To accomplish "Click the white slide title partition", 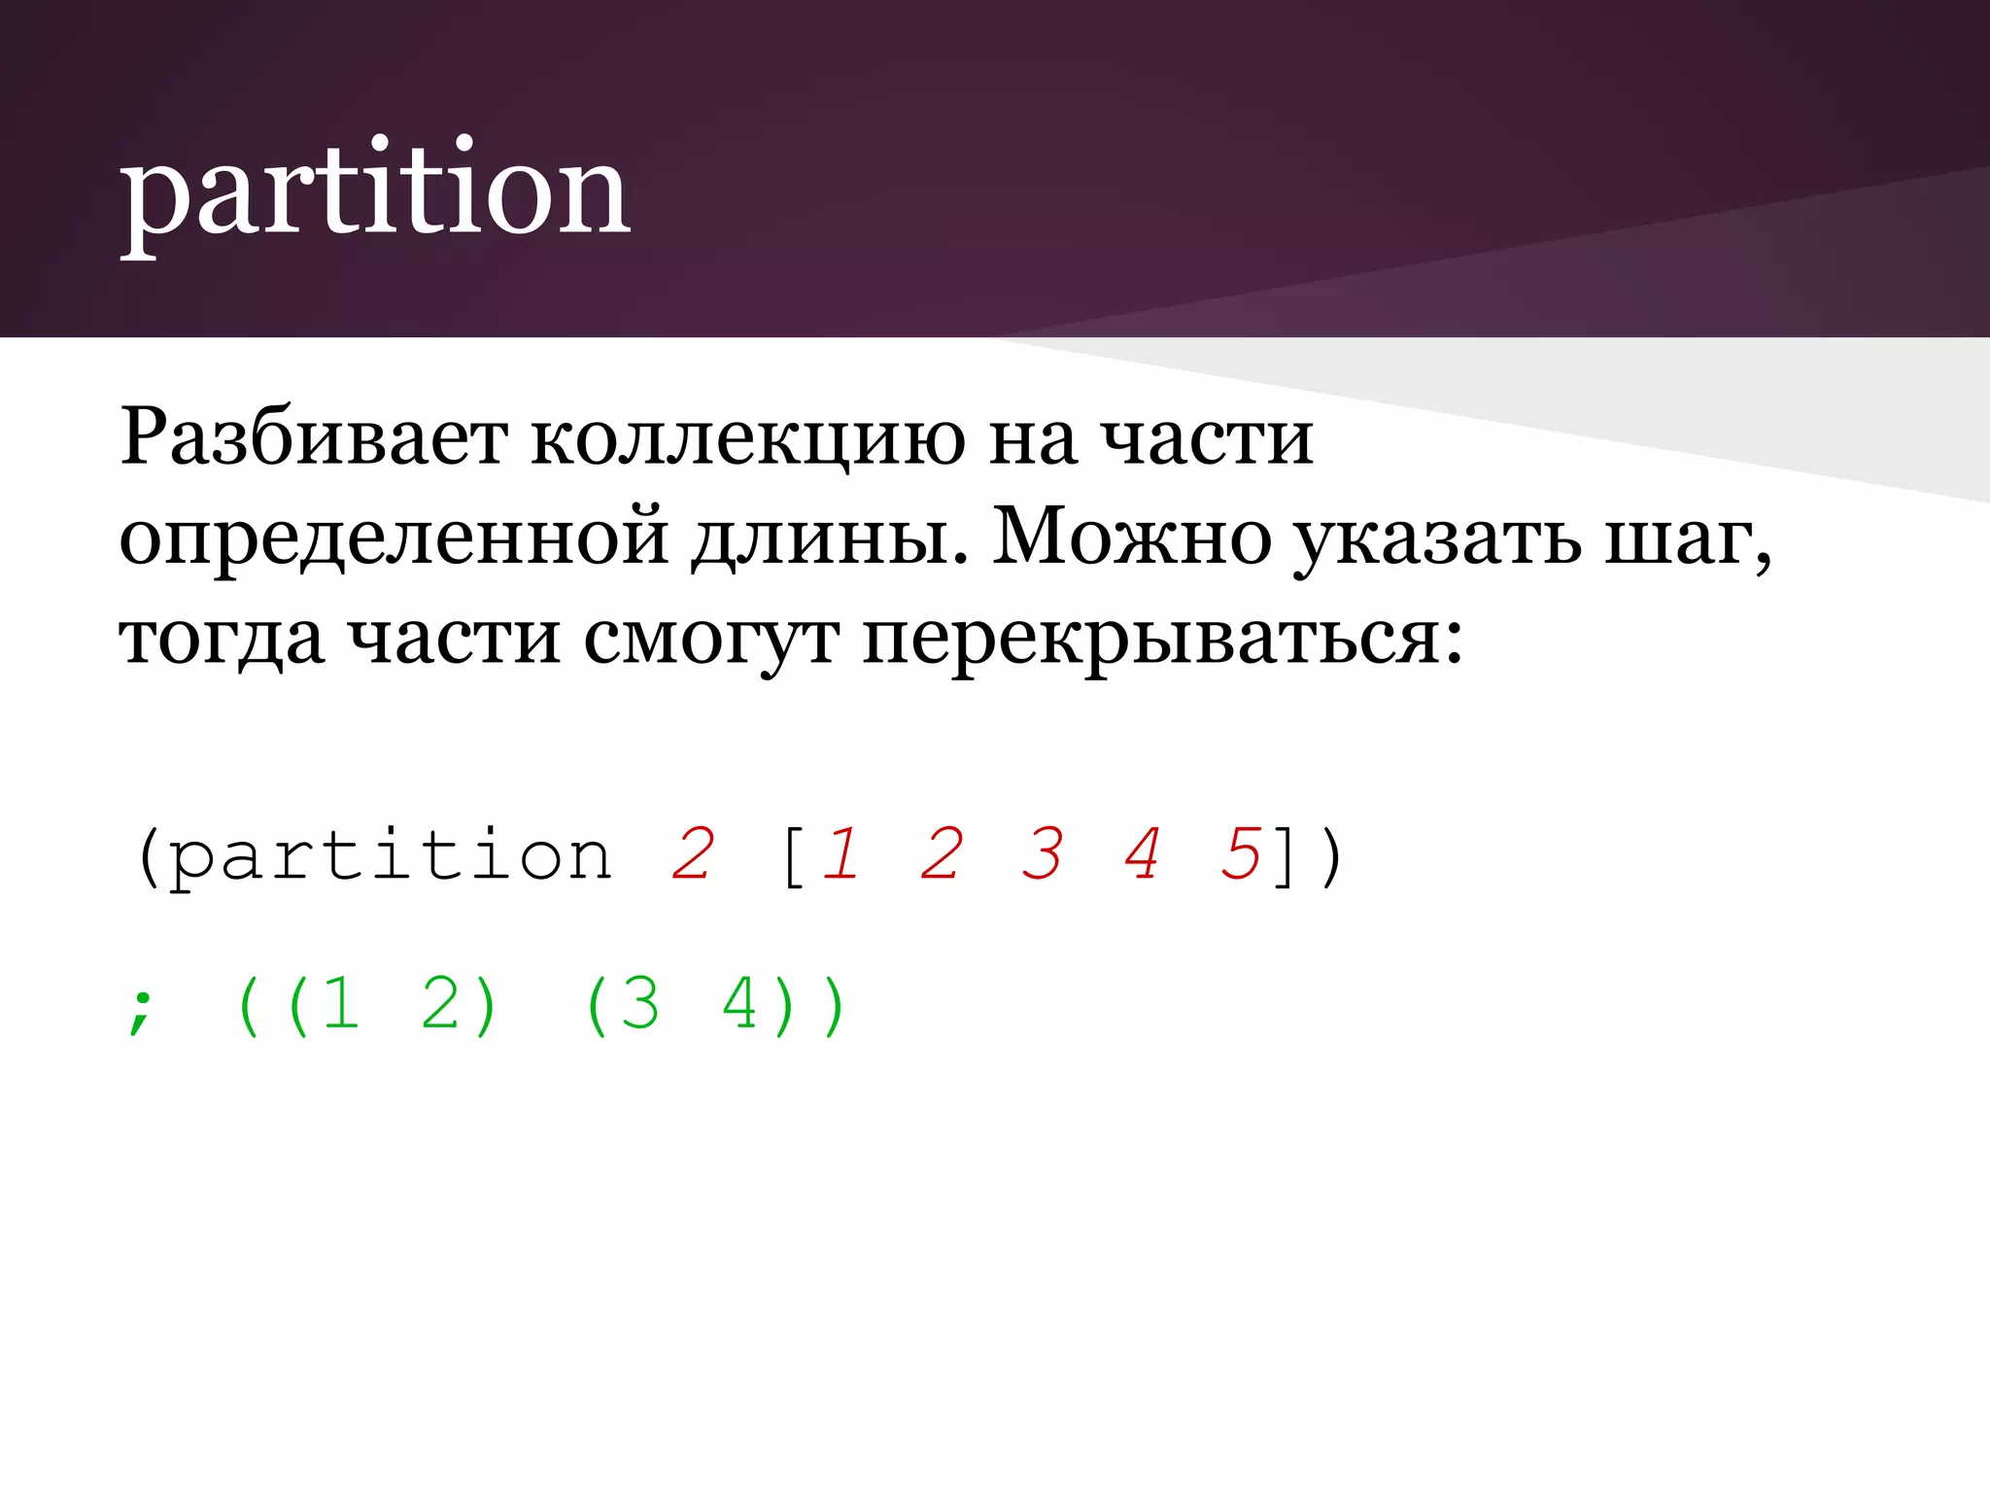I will [x=375, y=191].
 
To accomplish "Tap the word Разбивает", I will [x=313, y=437].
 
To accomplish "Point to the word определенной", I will [x=393, y=538].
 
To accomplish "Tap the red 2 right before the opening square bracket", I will [x=693, y=854].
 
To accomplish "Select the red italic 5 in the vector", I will [x=1241, y=854].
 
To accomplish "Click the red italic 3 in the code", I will [x=1043, y=854].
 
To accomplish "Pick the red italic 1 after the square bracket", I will [x=841, y=854].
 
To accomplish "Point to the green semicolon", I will [x=141, y=1010].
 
